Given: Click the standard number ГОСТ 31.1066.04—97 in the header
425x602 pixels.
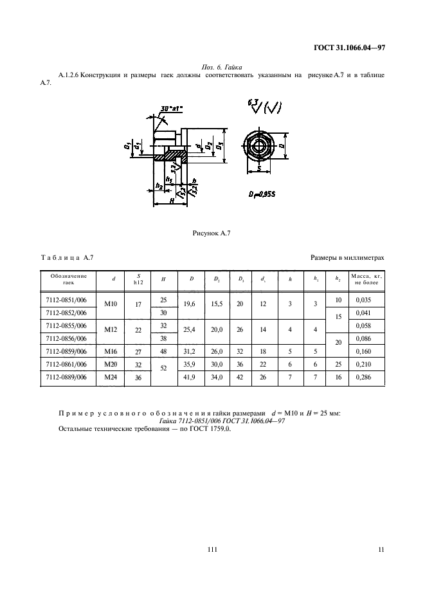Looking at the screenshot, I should tap(349, 48).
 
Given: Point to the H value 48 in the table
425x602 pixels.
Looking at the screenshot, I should tap(163, 351).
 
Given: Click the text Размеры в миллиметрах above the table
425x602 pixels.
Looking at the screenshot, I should tap(347, 257).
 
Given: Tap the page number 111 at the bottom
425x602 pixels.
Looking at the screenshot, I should tap(212, 549).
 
